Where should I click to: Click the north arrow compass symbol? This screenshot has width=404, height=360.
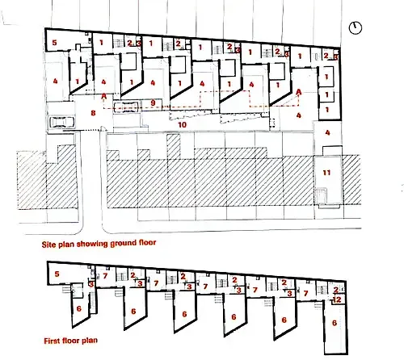pos(356,27)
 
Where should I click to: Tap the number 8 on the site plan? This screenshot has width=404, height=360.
pos(93,113)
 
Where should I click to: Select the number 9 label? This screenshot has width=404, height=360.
pos(154,103)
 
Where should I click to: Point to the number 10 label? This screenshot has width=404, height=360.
pos(183,125)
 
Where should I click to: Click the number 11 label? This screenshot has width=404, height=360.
pos(326,173)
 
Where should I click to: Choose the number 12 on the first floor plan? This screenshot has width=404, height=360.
pos(338,299)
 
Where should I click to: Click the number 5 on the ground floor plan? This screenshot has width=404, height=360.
pos(54,43)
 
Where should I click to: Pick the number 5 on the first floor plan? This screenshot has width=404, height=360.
pos(57,274)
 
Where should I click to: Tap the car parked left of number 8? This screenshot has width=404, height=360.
pos(61,122)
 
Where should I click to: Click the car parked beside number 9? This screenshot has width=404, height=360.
pos(126,107)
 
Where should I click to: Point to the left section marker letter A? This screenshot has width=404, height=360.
pos(104,96)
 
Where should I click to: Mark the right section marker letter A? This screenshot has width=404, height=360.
pos(298,92)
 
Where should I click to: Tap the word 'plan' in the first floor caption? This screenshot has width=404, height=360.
pos(90,341)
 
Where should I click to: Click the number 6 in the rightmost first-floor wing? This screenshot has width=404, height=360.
pos(335,323)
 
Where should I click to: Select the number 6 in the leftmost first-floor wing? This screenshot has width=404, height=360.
pos(79,308)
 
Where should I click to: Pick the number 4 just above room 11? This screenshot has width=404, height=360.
pos(327,132)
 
